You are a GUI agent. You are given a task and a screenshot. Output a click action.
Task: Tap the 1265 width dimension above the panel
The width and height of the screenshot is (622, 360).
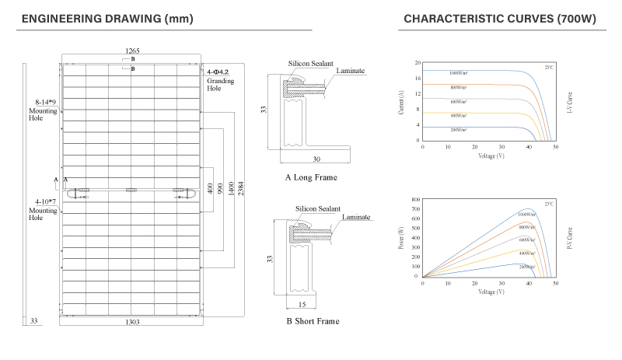pos(133,51)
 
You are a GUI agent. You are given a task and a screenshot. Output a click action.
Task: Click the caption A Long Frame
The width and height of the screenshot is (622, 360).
pos(311,177)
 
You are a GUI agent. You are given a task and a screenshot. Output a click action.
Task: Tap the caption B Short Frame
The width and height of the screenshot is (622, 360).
pos(313,320)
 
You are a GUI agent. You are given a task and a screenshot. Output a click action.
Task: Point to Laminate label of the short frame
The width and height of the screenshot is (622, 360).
pos(355,218)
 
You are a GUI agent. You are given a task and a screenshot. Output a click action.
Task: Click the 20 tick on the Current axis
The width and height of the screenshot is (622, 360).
pos(418,63)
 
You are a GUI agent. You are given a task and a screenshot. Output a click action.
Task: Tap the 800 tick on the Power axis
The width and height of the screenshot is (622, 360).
pos(415,201)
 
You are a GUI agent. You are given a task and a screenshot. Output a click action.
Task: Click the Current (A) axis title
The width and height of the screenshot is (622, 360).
pos(401,103)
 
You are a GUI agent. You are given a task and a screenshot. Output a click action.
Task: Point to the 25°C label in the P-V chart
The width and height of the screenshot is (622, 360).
pos(549,204)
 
